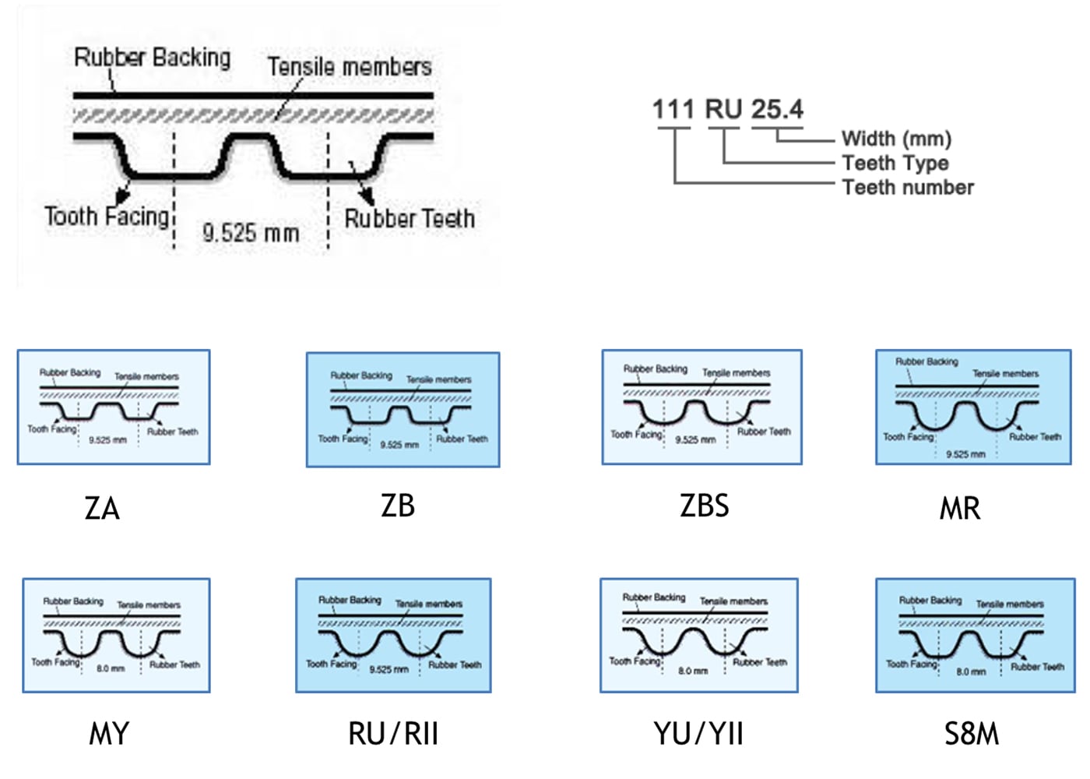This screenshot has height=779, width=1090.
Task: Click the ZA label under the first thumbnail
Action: (102, 509)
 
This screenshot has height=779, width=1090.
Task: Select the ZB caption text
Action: (398, 506)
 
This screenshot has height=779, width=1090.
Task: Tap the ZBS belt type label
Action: (705, 506)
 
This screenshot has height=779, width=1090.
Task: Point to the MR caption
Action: (960, 509)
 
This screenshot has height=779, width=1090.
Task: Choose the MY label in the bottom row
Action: (109, 734)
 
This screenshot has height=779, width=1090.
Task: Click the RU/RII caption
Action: (393, 734)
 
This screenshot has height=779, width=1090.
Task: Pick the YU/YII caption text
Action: (698, 734)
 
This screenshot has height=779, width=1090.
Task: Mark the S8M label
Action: (972, 734)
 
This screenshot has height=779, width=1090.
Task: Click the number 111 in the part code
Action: (673, 109)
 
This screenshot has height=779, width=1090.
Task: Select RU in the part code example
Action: (723, 109)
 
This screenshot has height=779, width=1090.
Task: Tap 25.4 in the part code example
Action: (777, 109)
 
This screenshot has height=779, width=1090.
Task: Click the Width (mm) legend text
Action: (896, 139)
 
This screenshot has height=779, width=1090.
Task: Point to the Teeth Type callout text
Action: (895, 163)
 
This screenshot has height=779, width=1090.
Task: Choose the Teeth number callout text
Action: (908, 187)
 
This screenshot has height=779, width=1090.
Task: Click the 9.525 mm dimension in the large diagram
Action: (251, 232)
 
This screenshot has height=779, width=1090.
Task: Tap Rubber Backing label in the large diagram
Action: (153, 58)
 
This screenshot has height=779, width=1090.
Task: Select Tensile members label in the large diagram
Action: (350, 67)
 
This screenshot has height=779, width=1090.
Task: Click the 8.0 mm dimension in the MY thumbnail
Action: (111, 668)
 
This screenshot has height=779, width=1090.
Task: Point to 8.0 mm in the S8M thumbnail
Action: (971, 671)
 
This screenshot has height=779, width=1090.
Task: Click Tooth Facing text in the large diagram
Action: (107, 216)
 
